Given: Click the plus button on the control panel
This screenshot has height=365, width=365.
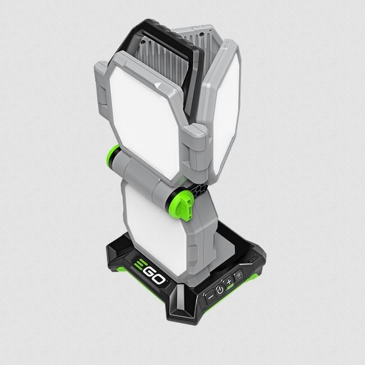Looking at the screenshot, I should tap(229, 282).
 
